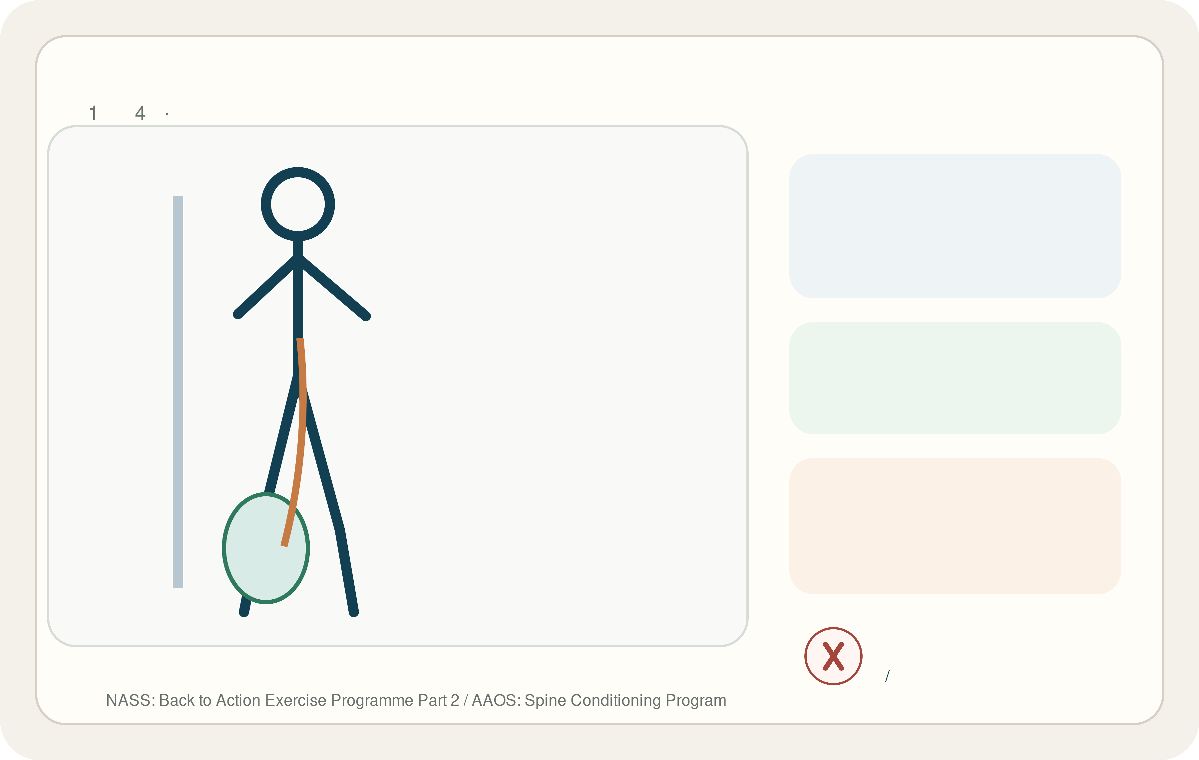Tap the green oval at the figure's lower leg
tap(266, 548)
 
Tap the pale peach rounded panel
tap(955, 526)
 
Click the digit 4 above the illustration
tap(140, 113)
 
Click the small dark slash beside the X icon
tap(887, 676)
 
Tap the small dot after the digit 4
tap(167, 114)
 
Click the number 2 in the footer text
tap(455, 700)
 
